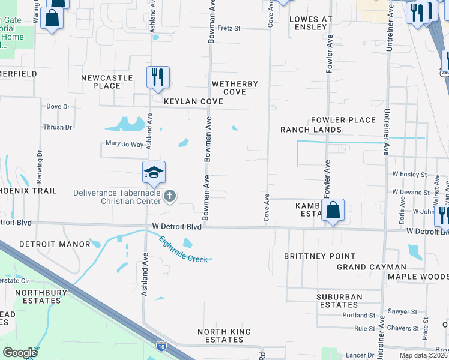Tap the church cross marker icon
click(170, 196)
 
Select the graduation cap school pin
click(154, 173)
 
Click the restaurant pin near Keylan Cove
click(158, 77)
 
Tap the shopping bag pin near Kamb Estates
click(333, 211)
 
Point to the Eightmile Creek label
click(184, 250)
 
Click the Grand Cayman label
click(371, 266)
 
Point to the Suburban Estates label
click(340, 301)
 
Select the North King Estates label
click(221, 335)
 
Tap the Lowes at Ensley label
click(310, 23)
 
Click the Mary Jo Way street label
click(125, 144)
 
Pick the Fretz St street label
click(229, 28)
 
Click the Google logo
click(20, 352)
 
